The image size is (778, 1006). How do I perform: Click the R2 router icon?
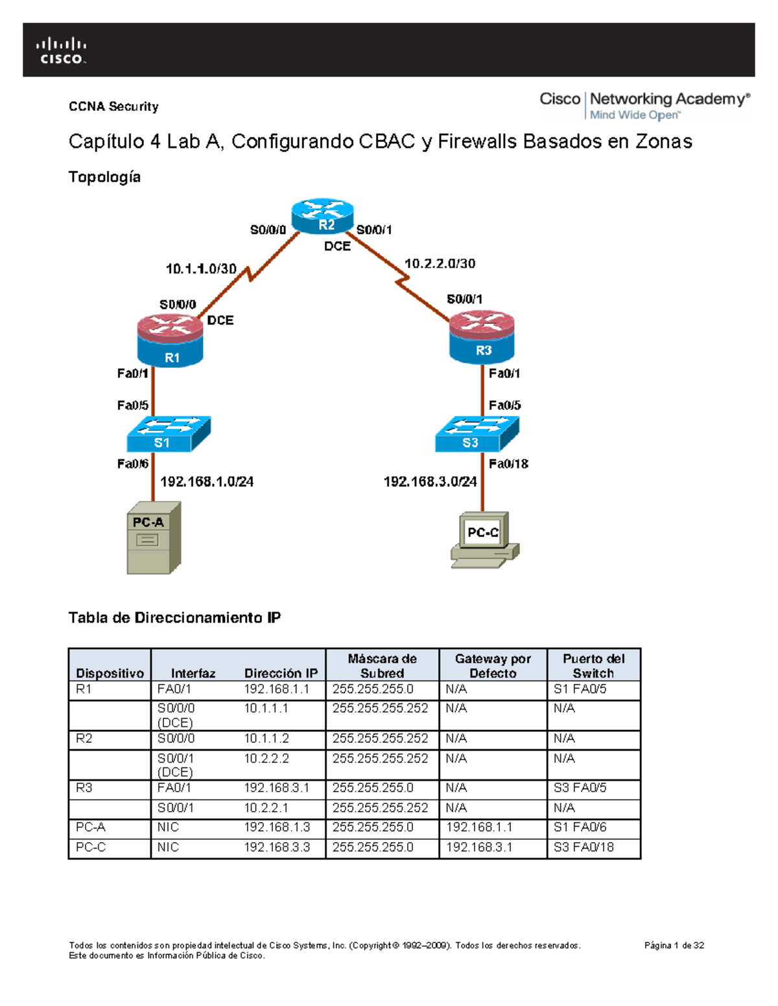322,216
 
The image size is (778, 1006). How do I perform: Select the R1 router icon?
170,341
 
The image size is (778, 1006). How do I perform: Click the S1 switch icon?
168,434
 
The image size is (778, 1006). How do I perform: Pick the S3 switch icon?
477,434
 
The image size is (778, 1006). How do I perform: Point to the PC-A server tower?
153,538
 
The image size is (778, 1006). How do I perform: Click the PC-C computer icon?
484,540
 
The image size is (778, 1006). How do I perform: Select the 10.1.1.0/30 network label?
201,269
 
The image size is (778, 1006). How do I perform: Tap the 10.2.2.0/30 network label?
440,264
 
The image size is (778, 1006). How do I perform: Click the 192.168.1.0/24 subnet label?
207,481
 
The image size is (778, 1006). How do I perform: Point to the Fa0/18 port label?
508,464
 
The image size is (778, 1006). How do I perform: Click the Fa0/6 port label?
132,464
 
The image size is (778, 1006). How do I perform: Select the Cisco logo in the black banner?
61,51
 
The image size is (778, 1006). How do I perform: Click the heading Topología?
104,177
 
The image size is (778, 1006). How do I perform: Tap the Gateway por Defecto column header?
493,666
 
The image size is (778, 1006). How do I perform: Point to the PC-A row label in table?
91,827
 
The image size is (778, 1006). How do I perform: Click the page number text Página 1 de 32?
674,945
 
